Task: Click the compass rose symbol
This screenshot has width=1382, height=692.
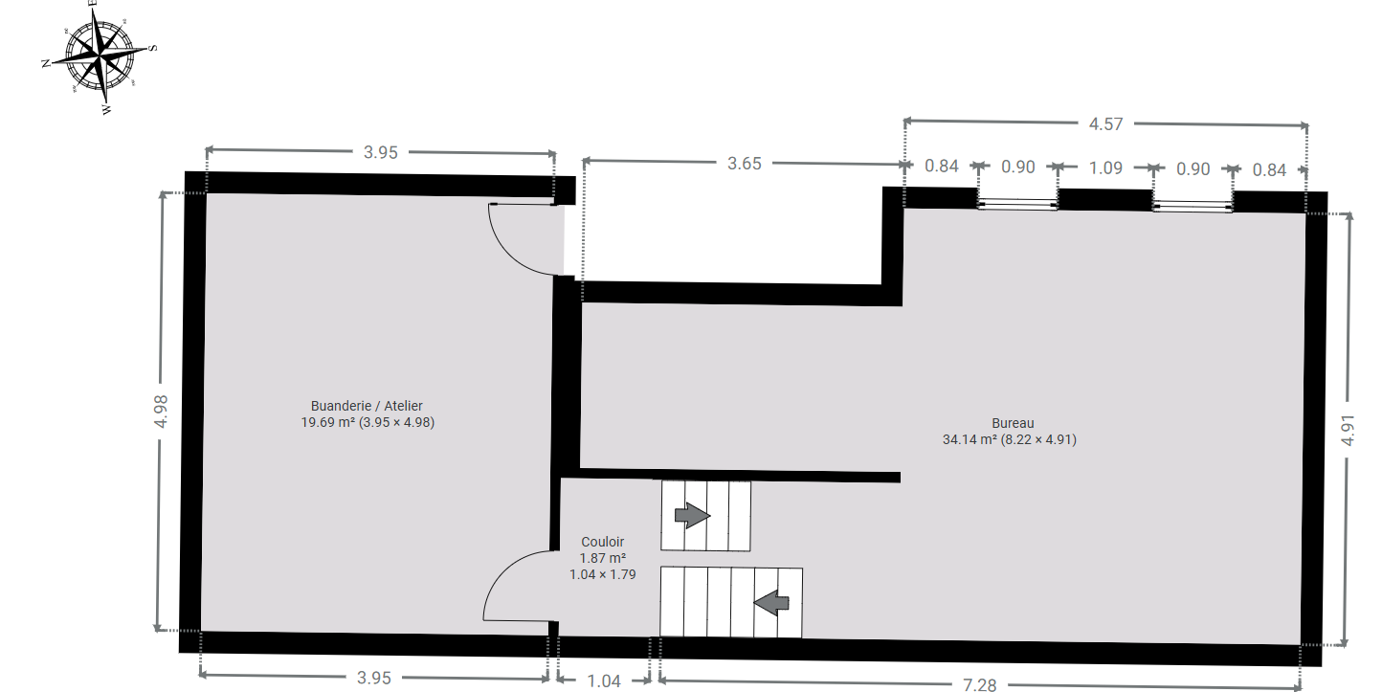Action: pos(99,58)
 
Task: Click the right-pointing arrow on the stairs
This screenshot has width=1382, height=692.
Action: pos(692,515)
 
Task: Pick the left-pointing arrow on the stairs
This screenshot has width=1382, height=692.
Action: pos(771,603)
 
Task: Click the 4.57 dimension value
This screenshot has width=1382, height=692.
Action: pos(1105,124)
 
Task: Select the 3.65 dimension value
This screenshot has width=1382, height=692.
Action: pos(744,164)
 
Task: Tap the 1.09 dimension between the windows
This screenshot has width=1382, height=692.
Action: pos(1105,167)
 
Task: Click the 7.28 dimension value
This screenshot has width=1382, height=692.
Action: pos(980,684)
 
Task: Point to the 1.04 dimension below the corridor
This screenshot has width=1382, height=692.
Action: pos(603,681)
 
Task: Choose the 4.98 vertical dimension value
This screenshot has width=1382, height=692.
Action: pos(161,412)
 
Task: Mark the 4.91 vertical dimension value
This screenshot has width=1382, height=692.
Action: pos(1349,430)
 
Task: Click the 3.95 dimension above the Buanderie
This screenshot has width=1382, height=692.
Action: pos(381,152)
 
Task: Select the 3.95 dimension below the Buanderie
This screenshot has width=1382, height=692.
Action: pos(374,678)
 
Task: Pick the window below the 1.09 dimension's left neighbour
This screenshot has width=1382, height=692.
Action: pos(1018,204)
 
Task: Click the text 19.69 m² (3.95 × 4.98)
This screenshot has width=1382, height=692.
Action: pos(368,422)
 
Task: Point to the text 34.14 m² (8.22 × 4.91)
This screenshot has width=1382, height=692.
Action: pos(1010,439)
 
